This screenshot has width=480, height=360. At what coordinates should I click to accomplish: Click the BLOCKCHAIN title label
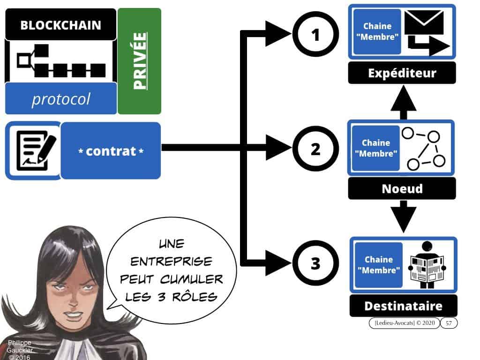tap(60, 25)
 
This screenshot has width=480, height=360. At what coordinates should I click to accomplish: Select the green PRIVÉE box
tap(139, 61)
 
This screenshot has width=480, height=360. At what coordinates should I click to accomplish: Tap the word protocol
tap(60, 99)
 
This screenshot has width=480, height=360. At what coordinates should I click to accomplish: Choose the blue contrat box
tap(111, 151)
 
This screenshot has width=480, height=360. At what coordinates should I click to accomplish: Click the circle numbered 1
tap(315, 34)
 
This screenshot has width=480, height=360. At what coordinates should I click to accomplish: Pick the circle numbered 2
tap(315, 150)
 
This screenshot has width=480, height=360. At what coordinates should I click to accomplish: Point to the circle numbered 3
tap(315, 264)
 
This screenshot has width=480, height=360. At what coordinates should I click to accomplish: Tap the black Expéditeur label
tap(402, 73)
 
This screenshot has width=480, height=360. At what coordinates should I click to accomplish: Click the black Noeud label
tap(402, 188)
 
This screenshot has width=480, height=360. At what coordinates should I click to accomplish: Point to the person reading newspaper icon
tap(427, 265)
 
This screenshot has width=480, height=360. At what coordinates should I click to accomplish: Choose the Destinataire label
tap(403, 306)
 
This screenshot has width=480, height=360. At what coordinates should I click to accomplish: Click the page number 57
tap(449, 322)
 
